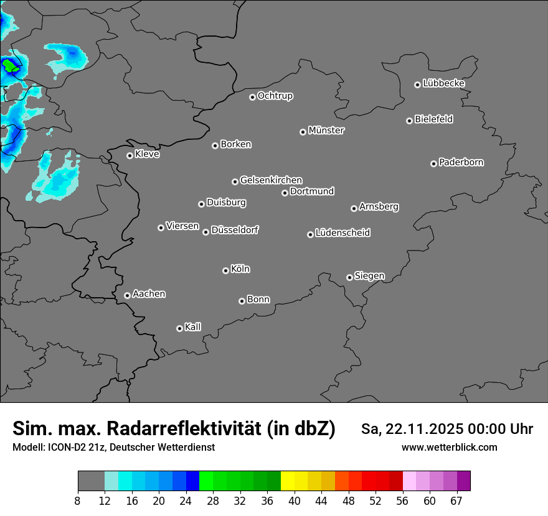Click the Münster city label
[x=326, y=131]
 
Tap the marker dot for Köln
[x=225, y=270]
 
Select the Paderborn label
[x=461, y=162]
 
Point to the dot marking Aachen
[x=127, y=295]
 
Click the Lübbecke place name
[x=444, y=83]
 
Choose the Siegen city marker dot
[x=349, y=277]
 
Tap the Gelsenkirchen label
[x=271, y=180]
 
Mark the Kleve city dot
[x=130, y=155]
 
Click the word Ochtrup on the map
[x=275, y=96]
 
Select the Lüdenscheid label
[x=343, y=233]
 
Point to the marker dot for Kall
[x=179, y=328]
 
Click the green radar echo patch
[x=9, y=64]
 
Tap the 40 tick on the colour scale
[x=294, y=500]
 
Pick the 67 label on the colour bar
[x=456, y=500]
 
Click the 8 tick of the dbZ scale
[x=78, y=500]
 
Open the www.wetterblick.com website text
[x=450, y=447]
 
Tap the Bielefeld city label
[x=433, y=119]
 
